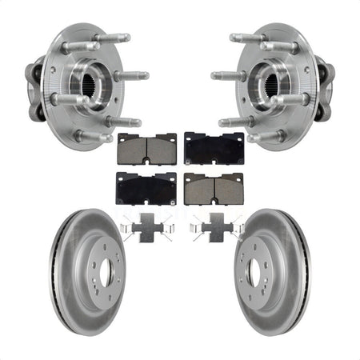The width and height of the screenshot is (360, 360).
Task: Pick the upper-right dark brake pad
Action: point(214,147)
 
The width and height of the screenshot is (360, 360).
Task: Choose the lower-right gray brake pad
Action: point(213,187)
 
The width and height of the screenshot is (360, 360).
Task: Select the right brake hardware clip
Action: point(215,229)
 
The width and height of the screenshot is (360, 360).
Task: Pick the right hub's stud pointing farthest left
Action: point(224,77)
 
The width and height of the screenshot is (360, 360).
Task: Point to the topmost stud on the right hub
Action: point(245,38)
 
